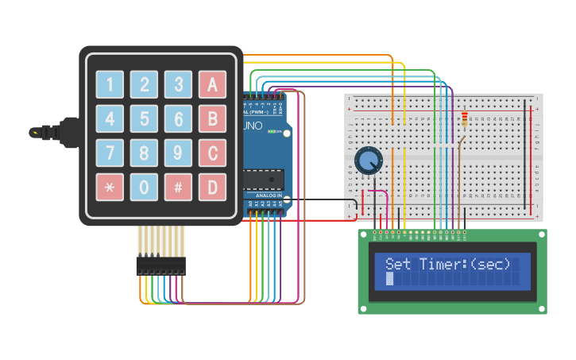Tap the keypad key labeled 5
144,118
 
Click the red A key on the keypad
212,84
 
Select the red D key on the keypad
212,188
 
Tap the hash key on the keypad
178,188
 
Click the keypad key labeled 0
144,188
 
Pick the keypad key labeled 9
178,153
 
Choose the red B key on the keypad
212,118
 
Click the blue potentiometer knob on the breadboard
367,161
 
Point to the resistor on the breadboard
464,119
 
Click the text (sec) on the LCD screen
489,265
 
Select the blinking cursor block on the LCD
389,280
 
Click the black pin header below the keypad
160,265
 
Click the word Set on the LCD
399,265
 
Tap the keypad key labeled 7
110,153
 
